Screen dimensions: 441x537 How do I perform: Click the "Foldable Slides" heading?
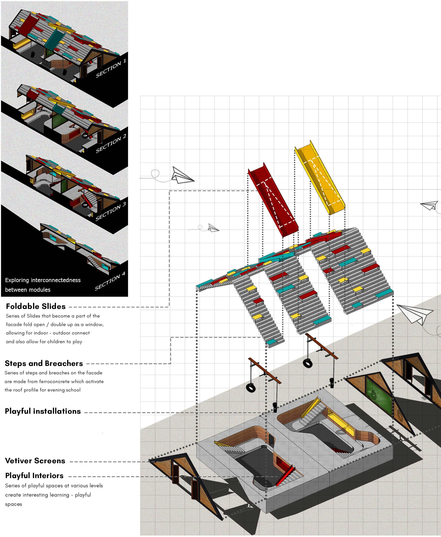tap(36, 306)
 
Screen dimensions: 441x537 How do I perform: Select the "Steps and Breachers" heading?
tap(44, 363)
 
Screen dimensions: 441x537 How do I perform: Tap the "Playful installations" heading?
tap(43, 411)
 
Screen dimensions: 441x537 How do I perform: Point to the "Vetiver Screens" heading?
tap(35, 461)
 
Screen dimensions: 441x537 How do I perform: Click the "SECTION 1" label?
tap(111, 68)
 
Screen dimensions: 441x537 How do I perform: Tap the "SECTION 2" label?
tap(111, 144)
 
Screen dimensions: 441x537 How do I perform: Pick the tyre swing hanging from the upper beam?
tap(308, 363)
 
